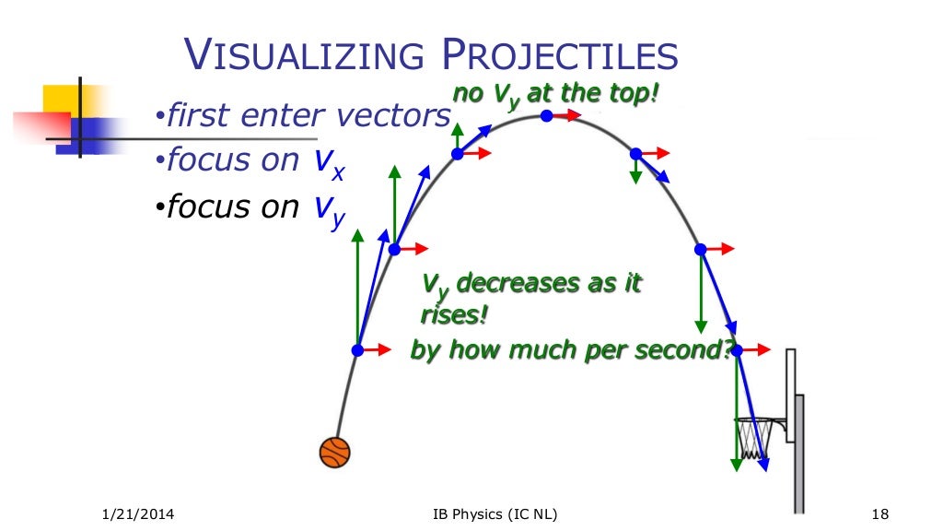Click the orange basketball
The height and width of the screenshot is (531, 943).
coord(335,453)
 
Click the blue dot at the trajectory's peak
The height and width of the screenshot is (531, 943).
coord(547,116)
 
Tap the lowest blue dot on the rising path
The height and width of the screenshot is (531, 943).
coord(358,350)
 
